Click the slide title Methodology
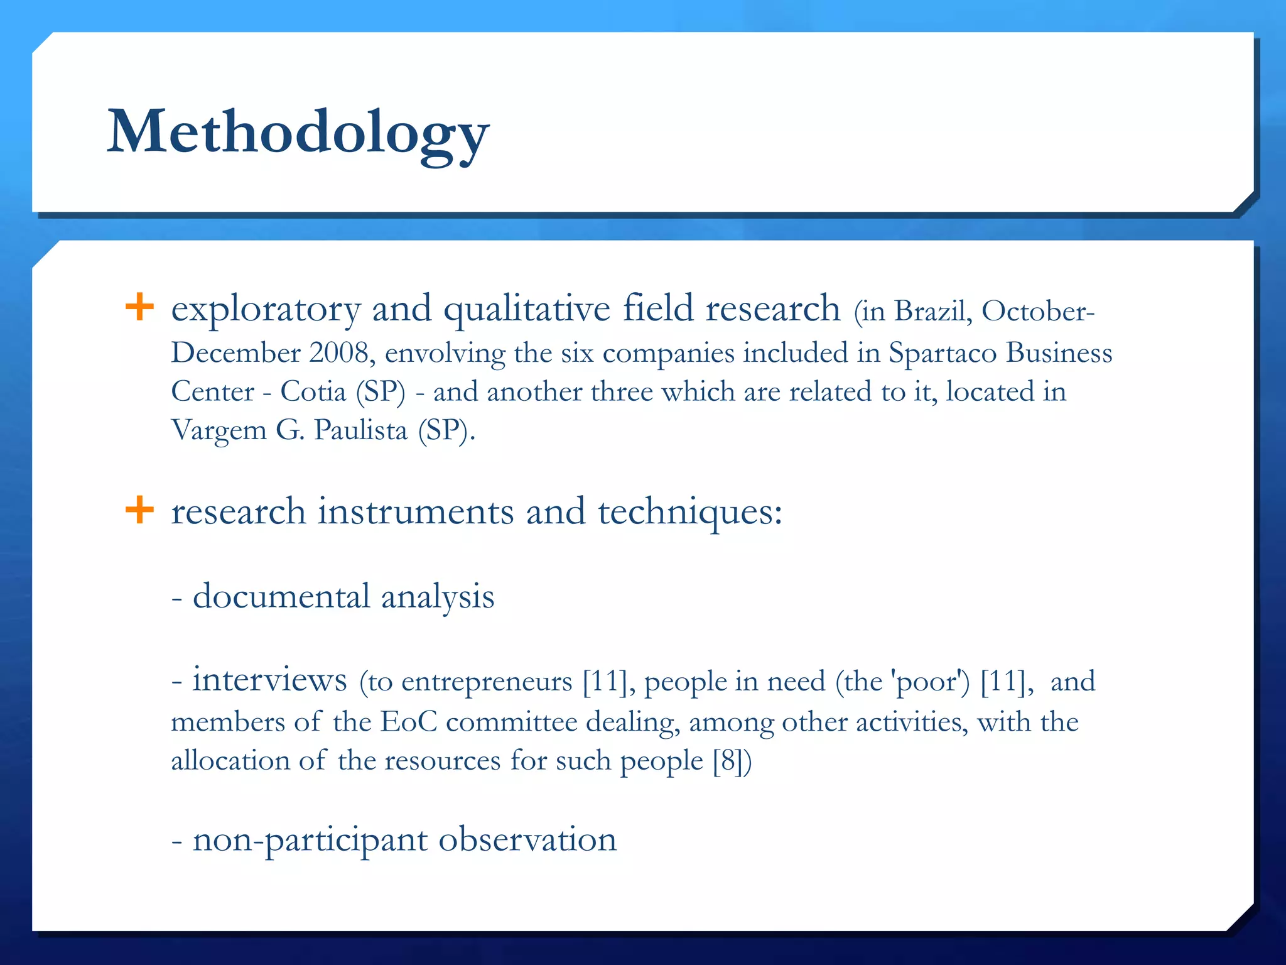(x=298, y=132)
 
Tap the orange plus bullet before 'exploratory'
(x=139, y=307)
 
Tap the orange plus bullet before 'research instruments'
(x=139, y=510)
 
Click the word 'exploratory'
(x=266, y=309)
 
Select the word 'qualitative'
(x=527, y=309)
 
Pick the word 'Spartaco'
(x=943, y=353)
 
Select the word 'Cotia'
(x=313, y=391)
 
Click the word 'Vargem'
(x=219, y=431)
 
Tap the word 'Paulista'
(x=360, y=430)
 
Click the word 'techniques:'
(x=690, y=512)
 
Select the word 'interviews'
(x=269, y=679)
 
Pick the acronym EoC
(x=408, y=722)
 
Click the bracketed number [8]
(x=728, y=761)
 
